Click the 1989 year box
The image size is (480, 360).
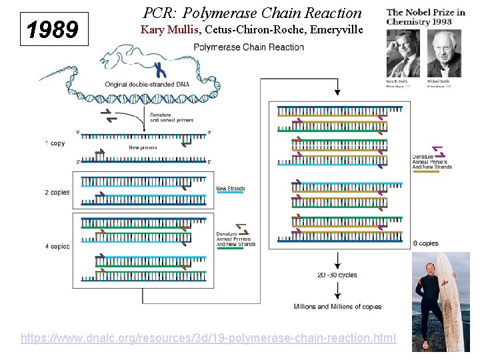click(54, 29)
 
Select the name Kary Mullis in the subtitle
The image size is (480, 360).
click(170, 30)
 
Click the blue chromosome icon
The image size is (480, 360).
click(159, 69)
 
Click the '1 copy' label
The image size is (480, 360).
click(55, 143)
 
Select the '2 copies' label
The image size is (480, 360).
click(57, 192)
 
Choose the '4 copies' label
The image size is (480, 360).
click(57, 246)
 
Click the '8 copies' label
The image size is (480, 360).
click(425, 243)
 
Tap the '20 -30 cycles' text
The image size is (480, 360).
click(337, 275)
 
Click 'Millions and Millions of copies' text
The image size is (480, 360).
click(337, 307)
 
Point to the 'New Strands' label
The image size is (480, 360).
click(230, 189)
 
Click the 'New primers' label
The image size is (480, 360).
click(143, 147)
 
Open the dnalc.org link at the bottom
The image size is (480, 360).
click(208, 338)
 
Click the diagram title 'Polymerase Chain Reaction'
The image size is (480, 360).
click(249, 47)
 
